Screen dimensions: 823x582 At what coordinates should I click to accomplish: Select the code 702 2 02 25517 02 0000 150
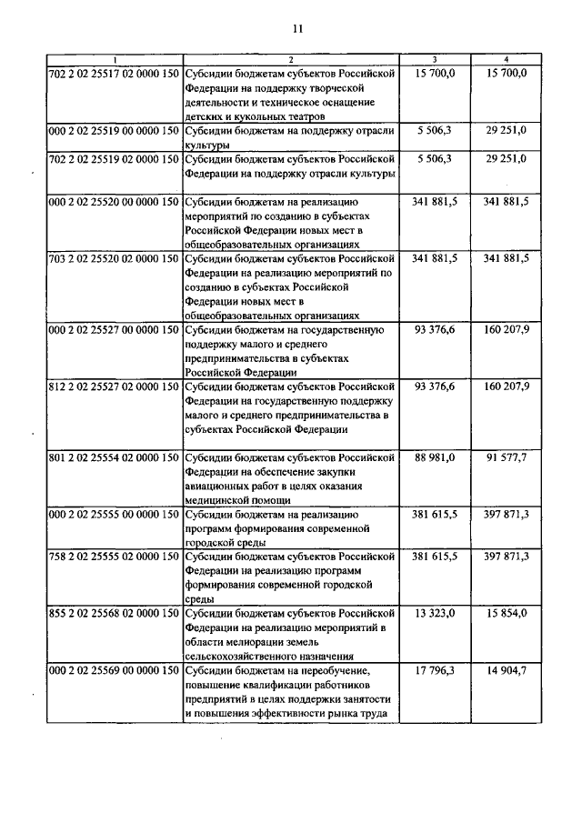pos(113,72)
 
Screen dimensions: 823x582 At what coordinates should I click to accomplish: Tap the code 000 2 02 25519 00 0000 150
pos(113,132)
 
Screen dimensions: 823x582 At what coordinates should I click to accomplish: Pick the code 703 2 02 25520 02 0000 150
pos(113,259)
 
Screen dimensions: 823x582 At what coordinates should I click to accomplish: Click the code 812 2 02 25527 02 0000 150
pos(113,386)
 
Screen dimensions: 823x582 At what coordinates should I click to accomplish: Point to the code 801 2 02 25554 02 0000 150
pos(113,457)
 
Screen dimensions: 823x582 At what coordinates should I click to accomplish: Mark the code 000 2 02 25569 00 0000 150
pos(113,672)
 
